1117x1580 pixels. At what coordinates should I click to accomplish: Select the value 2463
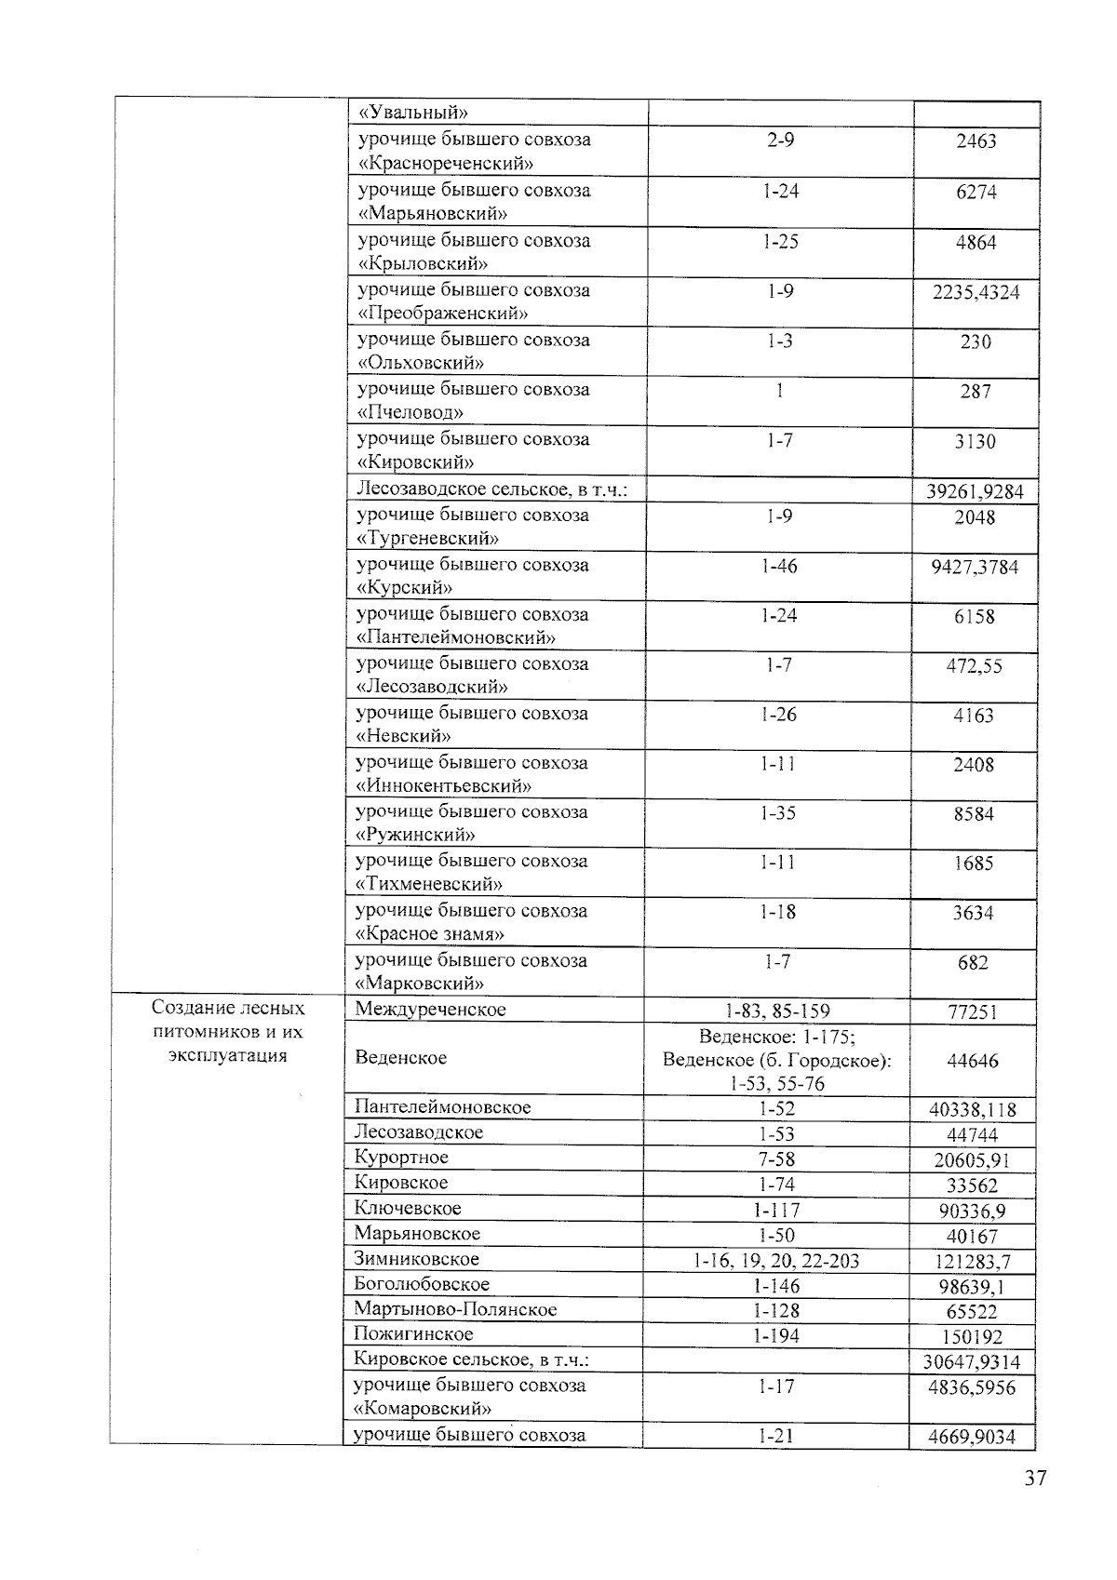tap(976, 141)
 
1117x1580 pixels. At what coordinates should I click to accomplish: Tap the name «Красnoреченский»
tap(446, 164)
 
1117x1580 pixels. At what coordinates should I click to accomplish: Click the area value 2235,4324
tap(976, 292)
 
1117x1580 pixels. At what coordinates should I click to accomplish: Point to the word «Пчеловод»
tap(410, 412)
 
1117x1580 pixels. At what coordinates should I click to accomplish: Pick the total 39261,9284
tap(975, 491)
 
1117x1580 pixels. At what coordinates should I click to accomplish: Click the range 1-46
tap(779, 566)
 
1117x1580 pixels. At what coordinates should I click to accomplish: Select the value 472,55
tap(974, 666)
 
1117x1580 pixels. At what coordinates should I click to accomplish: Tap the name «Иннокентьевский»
tap(444, 786)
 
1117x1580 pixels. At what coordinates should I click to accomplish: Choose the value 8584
tap(974, 814)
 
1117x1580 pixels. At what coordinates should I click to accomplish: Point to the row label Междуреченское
tap(430, 1010)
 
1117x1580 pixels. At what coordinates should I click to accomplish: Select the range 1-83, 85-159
tap(777, 1011)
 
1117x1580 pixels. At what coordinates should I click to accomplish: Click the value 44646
tap(973, 1061)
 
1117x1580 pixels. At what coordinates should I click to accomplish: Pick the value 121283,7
tap(973, 1263)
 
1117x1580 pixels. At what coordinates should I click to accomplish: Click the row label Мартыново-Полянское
tap(455, 1309)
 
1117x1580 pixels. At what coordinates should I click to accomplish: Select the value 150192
tap(973, 1337)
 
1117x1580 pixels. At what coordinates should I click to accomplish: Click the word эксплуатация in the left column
tap(228, 1056)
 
